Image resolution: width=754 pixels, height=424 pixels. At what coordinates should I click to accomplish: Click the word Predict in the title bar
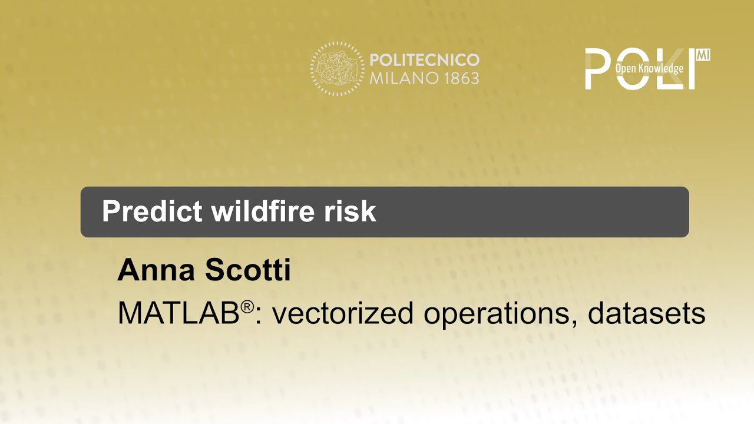(152, 211)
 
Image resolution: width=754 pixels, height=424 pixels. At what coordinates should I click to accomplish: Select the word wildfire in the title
(263, 211)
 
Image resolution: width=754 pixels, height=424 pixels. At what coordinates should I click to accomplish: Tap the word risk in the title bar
(350, 211)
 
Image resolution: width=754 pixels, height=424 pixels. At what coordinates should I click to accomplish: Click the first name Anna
(156, 270)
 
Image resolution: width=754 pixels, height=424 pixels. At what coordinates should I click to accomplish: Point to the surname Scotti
(248, 270)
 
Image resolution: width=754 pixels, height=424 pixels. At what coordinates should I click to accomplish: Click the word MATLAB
(178, 313)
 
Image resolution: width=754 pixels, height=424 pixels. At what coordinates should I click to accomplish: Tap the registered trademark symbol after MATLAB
(247, 307)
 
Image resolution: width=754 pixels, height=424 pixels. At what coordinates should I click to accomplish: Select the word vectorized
(343, 313)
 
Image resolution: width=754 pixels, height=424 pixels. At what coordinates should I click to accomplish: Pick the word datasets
(647, 313)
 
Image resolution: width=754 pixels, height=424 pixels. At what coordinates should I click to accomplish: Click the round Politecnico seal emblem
(337, 69)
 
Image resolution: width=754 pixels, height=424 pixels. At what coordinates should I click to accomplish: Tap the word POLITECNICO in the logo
(425, 60)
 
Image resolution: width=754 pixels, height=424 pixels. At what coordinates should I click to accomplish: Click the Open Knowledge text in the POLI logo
(649, 68)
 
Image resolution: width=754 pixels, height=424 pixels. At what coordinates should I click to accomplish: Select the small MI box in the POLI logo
(703, 55)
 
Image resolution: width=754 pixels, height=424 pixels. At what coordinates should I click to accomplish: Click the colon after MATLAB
(259, 317)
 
